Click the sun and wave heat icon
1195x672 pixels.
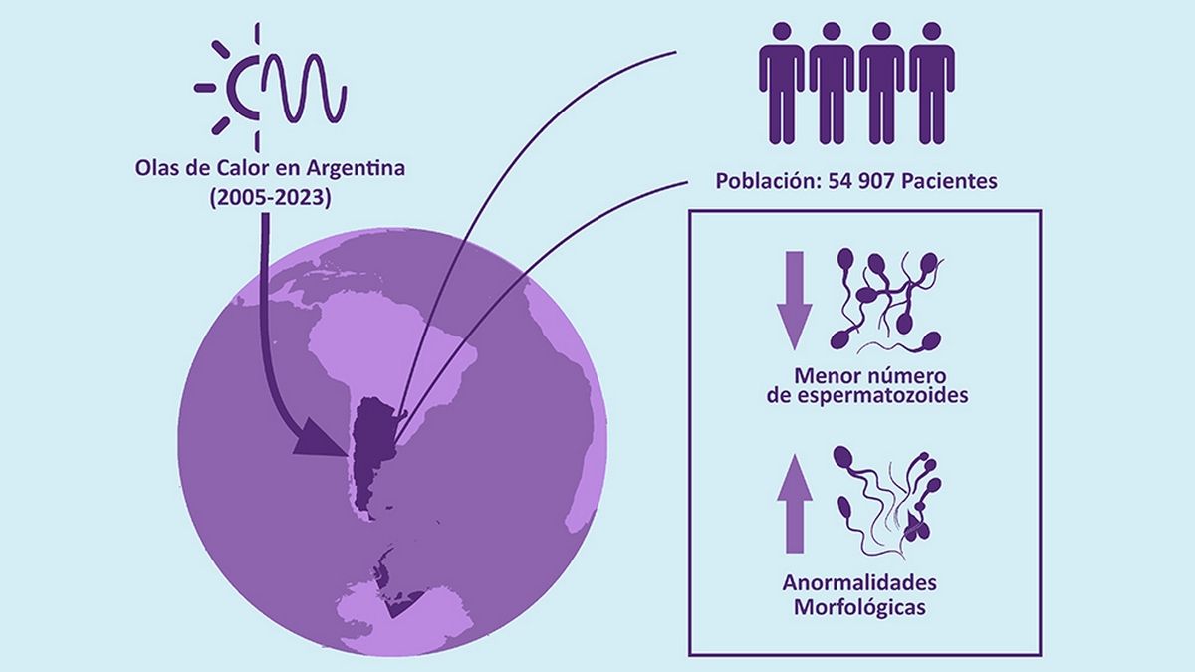click(271, 88)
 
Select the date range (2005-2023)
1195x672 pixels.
click(270, 197)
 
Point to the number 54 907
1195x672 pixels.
click(862, 183)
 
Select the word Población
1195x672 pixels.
click(766, 183)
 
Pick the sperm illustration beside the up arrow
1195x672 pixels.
click(886, 498)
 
